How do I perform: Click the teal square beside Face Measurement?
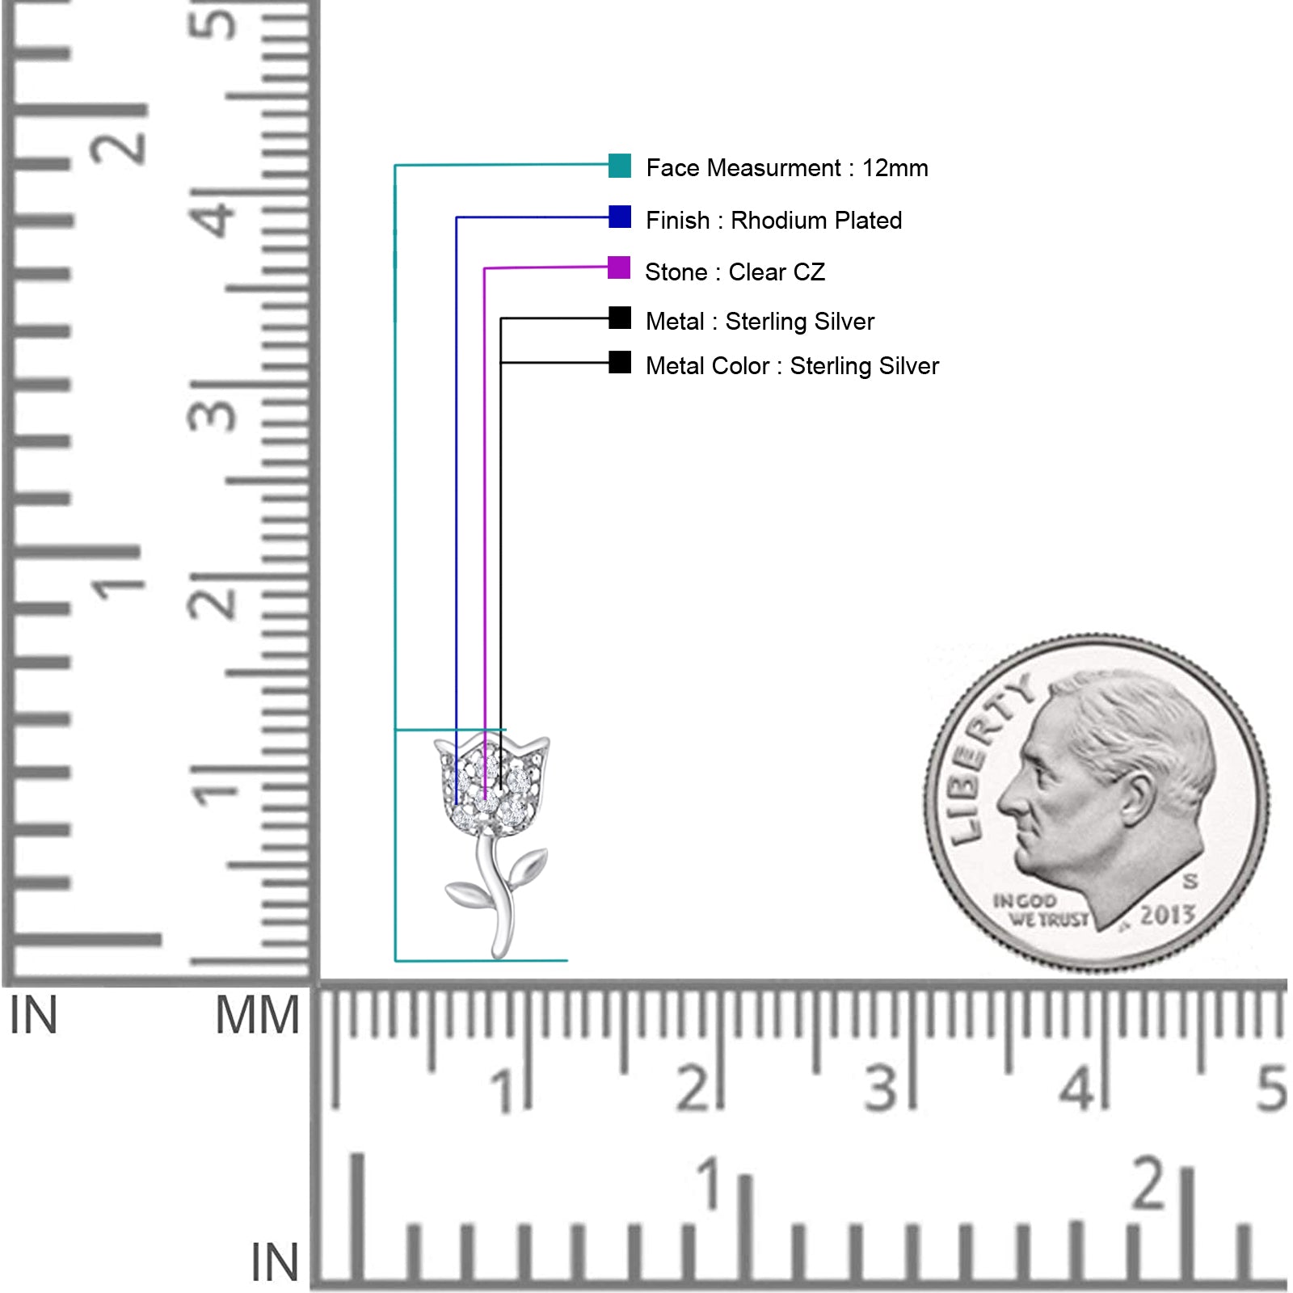[x=620, y=165]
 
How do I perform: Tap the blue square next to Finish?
[x=620, y=217]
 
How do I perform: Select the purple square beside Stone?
[x=619, y=267]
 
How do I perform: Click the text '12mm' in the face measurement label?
[x=895, y=168]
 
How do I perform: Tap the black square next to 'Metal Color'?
[x=620, y=362]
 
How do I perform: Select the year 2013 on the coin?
[x=1167, y=915]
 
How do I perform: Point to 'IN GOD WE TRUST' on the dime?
[x=1041, y=910]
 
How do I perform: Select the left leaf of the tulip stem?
[x=467, y=894]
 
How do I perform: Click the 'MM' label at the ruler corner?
[x=257, y=1016]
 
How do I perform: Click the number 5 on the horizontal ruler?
[x=1271, y=1089]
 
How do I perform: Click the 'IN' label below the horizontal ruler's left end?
[x=275, y=1262]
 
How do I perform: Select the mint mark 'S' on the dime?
[x=1190, y=880]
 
